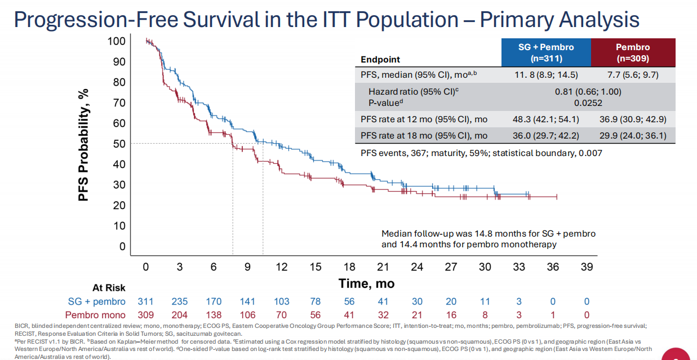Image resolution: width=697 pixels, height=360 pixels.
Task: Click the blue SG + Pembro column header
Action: point(546,52)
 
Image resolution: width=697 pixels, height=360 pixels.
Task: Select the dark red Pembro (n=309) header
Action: point(633,52)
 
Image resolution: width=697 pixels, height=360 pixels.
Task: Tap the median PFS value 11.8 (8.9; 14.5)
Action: point(546,75)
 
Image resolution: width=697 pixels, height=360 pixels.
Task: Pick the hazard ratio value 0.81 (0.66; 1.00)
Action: point(588,92)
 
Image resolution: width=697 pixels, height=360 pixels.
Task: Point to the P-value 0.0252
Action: point(588,103)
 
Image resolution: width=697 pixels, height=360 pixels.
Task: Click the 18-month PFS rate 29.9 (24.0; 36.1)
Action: point(633,136)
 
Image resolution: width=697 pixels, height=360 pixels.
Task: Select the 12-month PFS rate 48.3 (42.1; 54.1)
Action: point(546,119)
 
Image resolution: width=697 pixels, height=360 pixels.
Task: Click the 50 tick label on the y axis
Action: point(119,144)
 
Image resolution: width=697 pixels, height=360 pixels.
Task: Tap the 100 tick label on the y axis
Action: point(117,41)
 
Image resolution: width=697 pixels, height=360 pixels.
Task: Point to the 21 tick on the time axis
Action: point(383,267)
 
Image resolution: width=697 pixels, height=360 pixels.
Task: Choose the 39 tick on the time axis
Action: point(587,267)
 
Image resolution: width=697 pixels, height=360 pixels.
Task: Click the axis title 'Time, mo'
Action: point(367,283)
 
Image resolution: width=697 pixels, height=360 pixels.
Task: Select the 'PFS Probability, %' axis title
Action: point(83,145)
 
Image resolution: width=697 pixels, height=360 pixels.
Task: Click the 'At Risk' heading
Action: point(109,288)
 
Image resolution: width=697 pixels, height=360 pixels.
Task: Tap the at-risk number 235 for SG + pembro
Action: point(180,301)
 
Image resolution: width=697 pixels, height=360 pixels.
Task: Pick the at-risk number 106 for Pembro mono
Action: point(247,315)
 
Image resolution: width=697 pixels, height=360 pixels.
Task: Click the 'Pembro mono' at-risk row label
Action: point(95,315)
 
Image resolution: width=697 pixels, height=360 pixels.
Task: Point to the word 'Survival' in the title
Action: point(221,20)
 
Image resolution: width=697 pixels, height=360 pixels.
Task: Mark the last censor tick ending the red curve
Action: point(557,197)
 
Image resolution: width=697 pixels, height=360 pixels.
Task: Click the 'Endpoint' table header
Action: point(380,59)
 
